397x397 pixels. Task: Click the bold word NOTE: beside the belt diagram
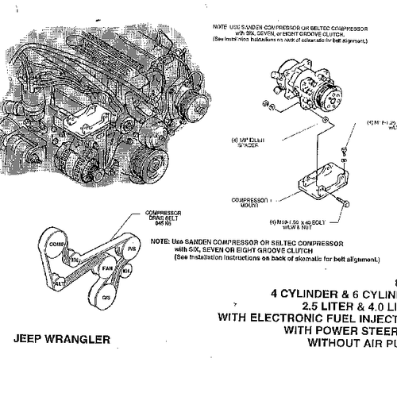point(160,240)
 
